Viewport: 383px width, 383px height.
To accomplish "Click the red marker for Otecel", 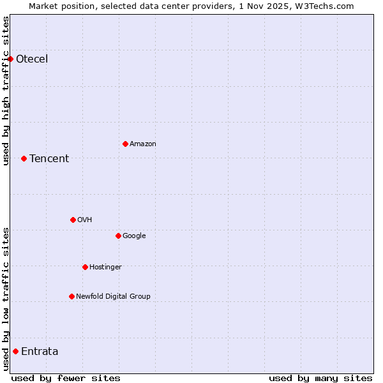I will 11,59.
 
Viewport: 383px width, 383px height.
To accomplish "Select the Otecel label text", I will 32,59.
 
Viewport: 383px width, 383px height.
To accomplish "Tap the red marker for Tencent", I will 24,158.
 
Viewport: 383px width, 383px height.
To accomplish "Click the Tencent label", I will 49,159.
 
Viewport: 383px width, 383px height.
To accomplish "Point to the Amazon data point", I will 125,144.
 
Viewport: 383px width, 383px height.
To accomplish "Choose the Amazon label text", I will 143,144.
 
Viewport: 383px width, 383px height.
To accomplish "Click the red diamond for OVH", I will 73,220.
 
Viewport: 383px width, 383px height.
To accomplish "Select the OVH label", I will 85,220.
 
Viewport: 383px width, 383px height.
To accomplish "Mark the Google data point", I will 118,236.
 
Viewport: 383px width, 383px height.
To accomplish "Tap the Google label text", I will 134,236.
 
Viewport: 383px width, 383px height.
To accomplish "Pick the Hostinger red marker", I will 85,267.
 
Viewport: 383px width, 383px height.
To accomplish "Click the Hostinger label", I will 105,267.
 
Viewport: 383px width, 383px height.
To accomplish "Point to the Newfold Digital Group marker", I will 71,296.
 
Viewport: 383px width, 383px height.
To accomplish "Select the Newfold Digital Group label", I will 114,297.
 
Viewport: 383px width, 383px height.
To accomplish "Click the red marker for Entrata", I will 15,351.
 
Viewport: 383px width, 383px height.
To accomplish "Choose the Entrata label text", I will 40,352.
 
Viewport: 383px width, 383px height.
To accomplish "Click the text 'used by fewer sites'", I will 66,378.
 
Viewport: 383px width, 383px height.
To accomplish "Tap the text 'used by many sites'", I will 320,378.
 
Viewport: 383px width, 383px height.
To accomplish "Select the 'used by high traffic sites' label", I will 6,91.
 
